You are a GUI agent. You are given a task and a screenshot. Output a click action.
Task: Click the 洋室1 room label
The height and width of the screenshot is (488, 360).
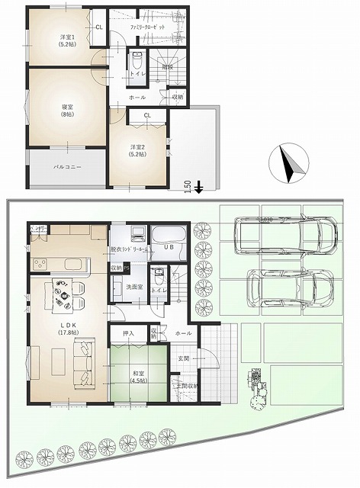coord(66,40)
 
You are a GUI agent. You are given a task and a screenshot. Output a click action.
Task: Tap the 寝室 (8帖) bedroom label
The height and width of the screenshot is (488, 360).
coord(66,111)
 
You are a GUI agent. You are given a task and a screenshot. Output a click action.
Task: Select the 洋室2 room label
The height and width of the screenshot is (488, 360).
coord(138,150)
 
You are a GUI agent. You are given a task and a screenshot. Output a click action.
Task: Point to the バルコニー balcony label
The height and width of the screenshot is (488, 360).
coord(67,165)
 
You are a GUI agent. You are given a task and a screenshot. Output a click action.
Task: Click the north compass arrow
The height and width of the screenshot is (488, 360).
coord(291,162)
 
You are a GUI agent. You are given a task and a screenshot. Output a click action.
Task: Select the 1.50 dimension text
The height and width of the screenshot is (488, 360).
coord(188,188)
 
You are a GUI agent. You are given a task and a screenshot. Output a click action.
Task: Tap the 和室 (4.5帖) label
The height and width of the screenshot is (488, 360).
coord(138,376)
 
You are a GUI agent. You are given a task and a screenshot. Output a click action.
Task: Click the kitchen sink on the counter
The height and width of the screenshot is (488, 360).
coord(77,264)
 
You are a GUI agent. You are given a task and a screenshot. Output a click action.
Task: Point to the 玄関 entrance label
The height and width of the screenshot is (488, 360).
coord(185,358)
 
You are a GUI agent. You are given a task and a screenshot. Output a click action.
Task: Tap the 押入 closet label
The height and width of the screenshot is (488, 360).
coord(128,333)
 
